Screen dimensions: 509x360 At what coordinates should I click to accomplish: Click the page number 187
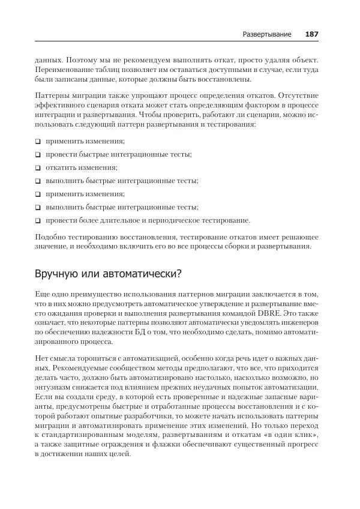click(311, 34)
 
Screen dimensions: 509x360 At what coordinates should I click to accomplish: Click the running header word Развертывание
click(267, 34)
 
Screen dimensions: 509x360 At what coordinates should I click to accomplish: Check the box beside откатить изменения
click(38, 168)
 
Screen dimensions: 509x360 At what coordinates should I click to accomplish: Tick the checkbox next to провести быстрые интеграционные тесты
click(38, 155)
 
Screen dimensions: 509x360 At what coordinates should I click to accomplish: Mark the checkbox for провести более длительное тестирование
click(38, 220)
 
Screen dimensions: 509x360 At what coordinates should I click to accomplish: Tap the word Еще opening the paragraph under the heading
click(43, 294)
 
